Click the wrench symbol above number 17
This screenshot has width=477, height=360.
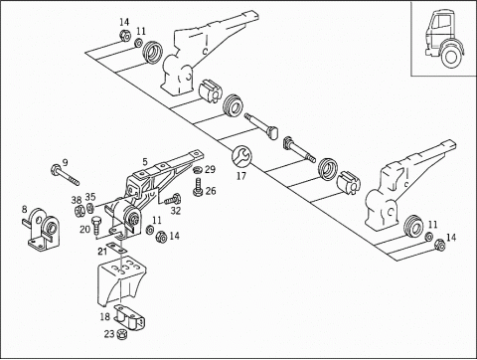[x=241, y=156]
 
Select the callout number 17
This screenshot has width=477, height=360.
[x=241, y=176]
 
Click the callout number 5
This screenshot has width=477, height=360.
[x=145, y=162]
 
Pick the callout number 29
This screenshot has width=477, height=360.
[x=210, y=169]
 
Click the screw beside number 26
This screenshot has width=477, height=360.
[x=198, y=187]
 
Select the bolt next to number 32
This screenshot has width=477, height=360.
[x=173, y=199]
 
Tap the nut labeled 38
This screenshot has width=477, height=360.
[x=79, y=211]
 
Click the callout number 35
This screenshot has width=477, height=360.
[x=90, y=197]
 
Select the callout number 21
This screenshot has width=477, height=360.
[x=102, y=252]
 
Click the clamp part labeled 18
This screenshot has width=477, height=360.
[x=130, y=318]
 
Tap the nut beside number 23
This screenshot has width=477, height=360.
[x=121, y=334]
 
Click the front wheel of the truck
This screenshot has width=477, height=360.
[x=450, y=56]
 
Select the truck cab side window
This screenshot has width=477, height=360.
[x=441, y=22]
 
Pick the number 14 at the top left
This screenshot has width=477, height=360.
[x=124, y=23]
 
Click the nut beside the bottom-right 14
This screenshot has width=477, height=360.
[x=439, y=245]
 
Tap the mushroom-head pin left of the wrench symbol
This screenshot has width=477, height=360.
[x=261, y=126]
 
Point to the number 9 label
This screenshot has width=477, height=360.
[x=65, y=162]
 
